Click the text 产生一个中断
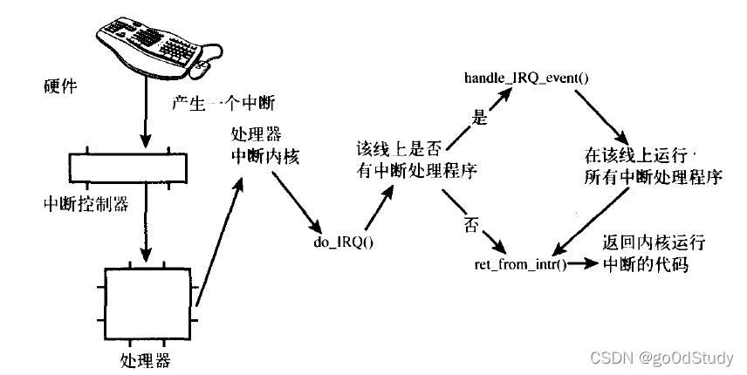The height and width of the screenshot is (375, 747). coord(224,104)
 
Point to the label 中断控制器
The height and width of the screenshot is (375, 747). coord(86,204)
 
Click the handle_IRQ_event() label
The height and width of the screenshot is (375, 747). coord(526,78)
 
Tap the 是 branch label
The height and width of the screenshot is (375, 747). coord(478,117)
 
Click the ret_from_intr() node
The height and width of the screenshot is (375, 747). coord(521,262)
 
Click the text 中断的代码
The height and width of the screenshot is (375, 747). coord(646,264)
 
